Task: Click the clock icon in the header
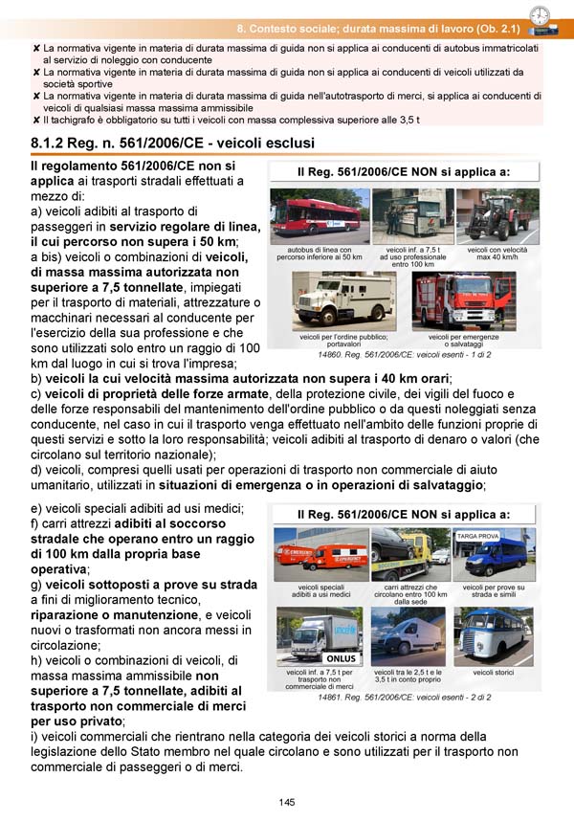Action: [540, 14]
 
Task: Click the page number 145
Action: [287, 802]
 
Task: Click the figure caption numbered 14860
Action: [405, 354]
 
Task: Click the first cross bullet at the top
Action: [36, 47]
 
